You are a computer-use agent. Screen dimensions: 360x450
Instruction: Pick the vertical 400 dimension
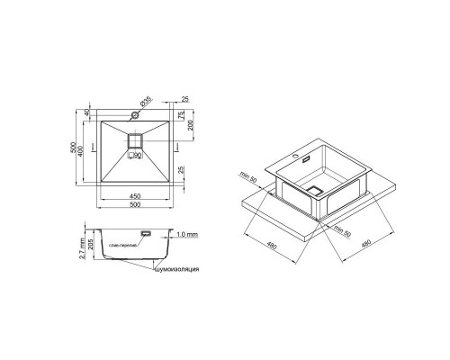pyautogui.click(x=82, y=148)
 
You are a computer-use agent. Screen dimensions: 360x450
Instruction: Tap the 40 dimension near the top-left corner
pyautogui.click(x=86, y=113)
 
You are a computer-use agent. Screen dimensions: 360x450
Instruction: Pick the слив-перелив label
pyautogui.click(x=121, y=244)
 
